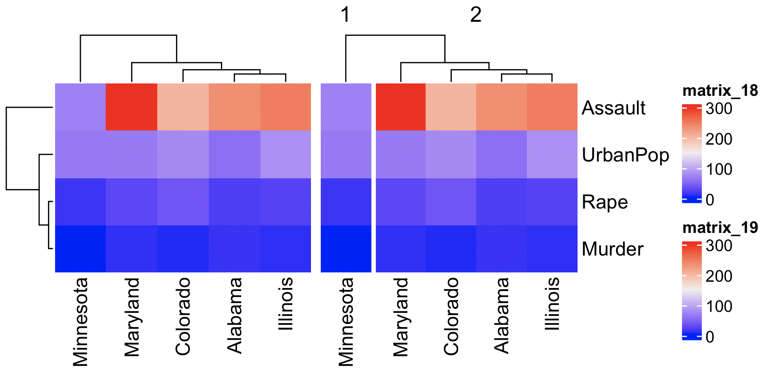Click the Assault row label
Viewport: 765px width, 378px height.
613,108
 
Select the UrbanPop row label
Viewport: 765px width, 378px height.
625,155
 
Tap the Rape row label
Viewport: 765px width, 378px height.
605,202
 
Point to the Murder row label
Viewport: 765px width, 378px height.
612,249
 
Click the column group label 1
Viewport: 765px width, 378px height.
345,15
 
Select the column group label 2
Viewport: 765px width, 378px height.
475,15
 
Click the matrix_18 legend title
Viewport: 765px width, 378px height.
720,91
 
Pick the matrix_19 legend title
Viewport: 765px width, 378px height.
720,228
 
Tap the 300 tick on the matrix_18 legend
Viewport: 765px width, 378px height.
719,108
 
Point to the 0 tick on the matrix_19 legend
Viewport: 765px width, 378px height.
710,337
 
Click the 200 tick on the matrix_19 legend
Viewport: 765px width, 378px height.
719,276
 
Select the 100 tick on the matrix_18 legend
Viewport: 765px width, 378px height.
719,169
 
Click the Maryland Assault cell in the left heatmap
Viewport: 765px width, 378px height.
131,107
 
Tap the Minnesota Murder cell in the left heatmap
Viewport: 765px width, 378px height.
80,248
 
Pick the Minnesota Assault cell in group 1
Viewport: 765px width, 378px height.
346,107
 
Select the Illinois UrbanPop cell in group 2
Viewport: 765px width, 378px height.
552,154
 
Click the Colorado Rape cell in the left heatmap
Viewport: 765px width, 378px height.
183,201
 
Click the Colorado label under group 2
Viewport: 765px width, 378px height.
451,316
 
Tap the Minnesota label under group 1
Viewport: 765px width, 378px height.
346,322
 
